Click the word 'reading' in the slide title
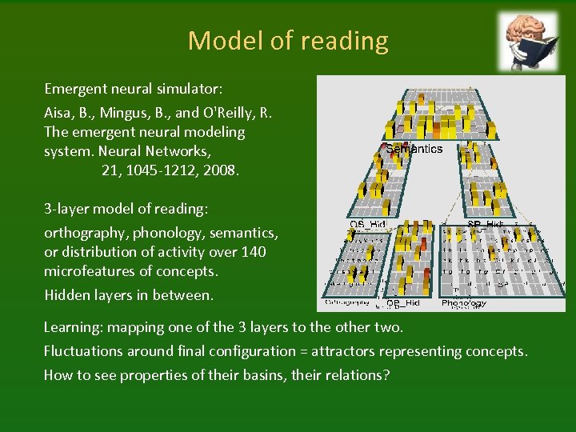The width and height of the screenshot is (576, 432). pyautogui.click(x=346, y=41)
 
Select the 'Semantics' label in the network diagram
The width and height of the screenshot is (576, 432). pyautogui.click(x=414, y=149)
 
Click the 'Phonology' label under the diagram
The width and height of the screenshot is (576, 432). pyautogui.click(x=464, y=303)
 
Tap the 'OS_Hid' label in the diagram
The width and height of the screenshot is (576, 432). pyautogui.click(x=367, y=225)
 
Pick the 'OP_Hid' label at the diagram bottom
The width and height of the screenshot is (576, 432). pyautogui.click(x=404, y=304)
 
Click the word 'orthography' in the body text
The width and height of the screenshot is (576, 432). pyautogui.click(x=84, y=233)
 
